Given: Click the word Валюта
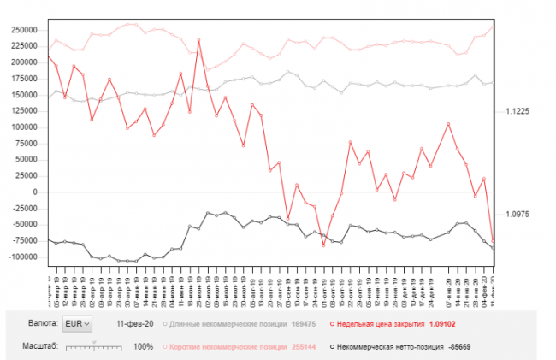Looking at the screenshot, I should coord(43,324).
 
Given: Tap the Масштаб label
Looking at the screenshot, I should coord(40,346).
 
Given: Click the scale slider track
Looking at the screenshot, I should coord(94,346).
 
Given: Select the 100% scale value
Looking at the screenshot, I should coord(143,346).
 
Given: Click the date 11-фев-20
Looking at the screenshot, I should coord(134,324).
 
